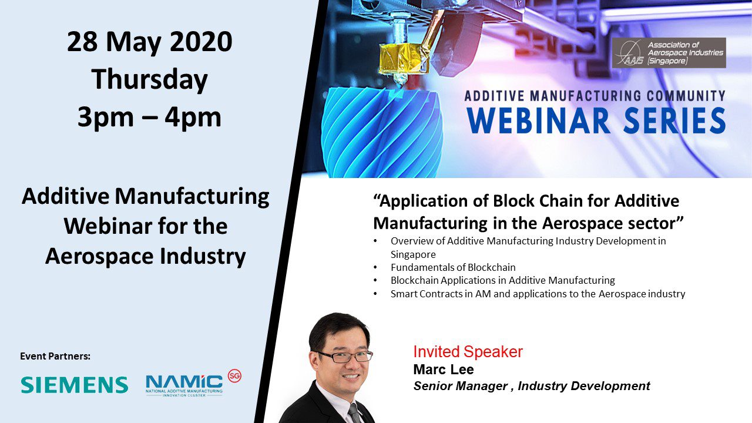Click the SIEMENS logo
(74, 385)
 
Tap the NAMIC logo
(184, 386)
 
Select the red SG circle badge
(234, 377)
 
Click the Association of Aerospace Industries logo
(669, 53)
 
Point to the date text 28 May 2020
(149, 42)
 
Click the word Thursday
(149, 80)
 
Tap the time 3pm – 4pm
(149, 117)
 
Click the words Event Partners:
(55, 356)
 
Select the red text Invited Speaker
(468, 351)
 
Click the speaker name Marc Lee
(444, 370)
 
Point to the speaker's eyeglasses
(344, 357)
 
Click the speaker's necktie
(355, 413)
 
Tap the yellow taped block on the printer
(404, 58)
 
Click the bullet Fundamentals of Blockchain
(453, 267)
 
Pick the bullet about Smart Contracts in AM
(538, 294)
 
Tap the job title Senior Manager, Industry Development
(532, 386)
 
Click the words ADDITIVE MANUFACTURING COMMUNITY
(595, 96)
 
